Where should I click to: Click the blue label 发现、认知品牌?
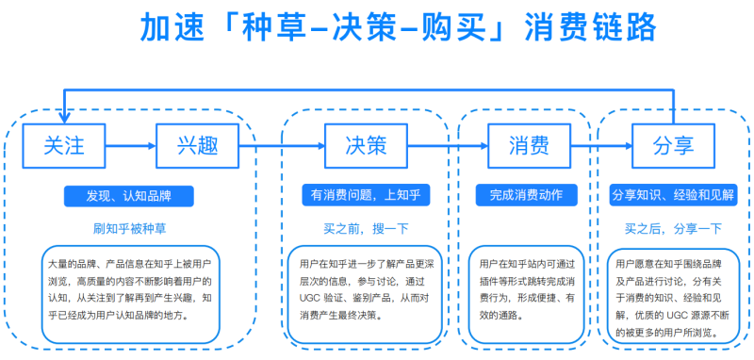point(129,196)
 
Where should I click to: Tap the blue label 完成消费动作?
point(526,196)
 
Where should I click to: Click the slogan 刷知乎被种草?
point(129,228)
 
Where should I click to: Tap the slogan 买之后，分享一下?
point(673,228)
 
